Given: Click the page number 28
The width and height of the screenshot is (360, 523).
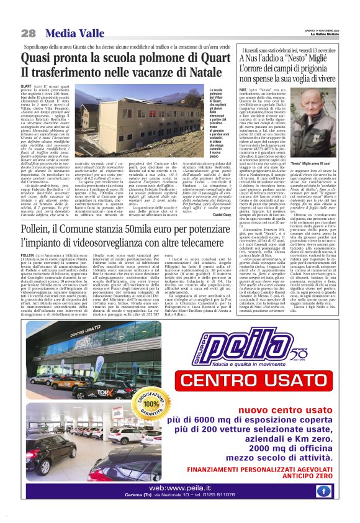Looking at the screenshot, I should pos(29,32).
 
